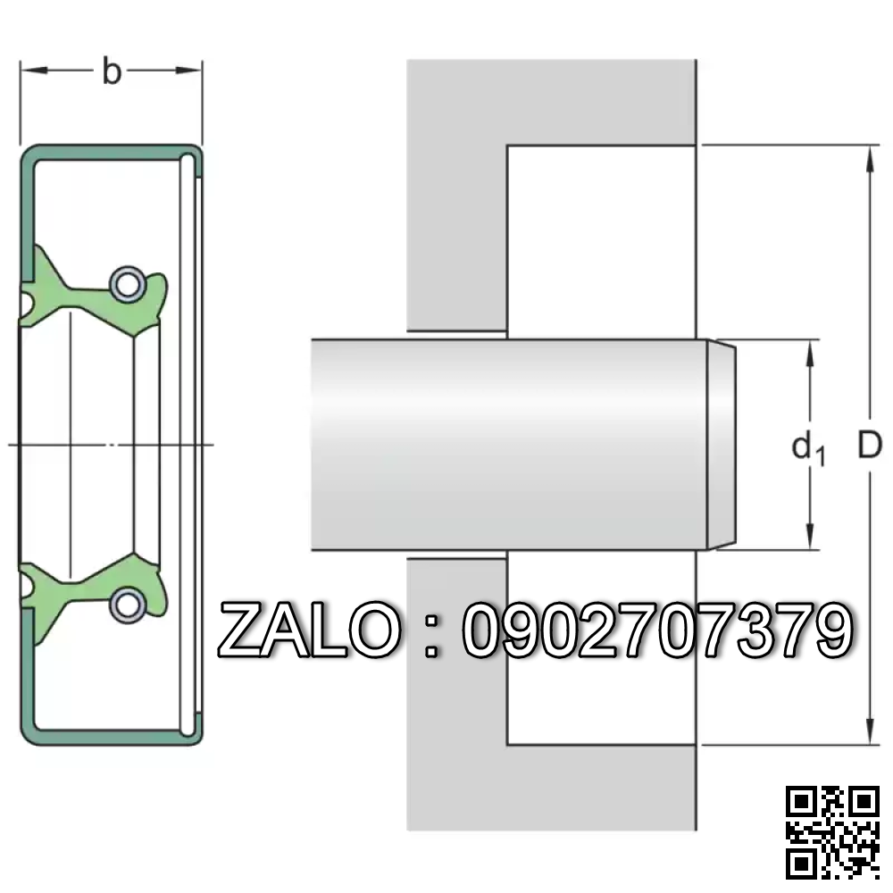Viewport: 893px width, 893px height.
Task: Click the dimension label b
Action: tap(111, 71)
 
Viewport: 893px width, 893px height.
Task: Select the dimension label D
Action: tap(869, 445)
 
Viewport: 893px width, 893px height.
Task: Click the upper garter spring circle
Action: tap(125, 284)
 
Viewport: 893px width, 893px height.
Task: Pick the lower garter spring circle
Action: tap(125, 604)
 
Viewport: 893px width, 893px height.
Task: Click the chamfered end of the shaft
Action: tap(723, 445)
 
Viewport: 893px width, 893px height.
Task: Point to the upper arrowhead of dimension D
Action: tap(869, 156)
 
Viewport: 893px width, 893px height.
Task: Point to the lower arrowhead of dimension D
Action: tap(869, 733)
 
